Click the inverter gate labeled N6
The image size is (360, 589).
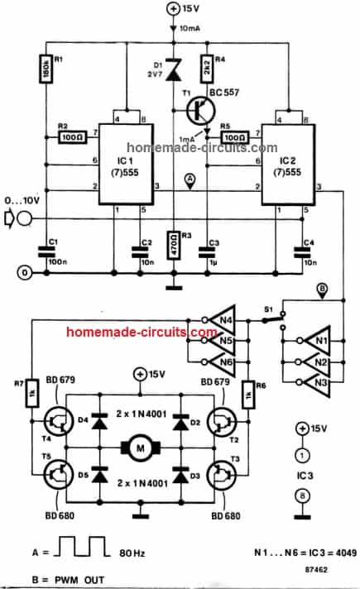[223, 358]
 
